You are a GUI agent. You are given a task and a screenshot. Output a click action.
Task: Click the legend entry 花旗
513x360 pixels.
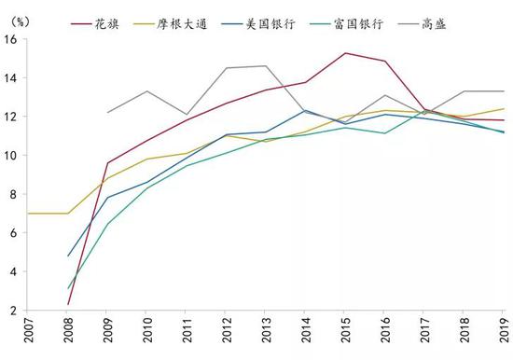pos(121,21)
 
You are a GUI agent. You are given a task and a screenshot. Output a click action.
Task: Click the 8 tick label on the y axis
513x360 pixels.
pos(14,195)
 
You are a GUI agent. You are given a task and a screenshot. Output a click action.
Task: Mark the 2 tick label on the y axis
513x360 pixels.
pos(14,311)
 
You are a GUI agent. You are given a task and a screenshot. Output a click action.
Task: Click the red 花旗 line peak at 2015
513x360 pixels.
pos(345,53)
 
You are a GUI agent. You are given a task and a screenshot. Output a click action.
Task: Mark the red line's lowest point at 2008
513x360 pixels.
pos(69,304)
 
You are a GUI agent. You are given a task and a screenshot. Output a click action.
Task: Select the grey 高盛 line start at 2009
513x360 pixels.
pos(108,113)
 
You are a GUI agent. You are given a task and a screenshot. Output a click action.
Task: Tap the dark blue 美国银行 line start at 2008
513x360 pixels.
pos(69,256)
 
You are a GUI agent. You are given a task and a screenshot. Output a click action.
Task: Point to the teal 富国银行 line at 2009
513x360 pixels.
pos(108,224)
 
